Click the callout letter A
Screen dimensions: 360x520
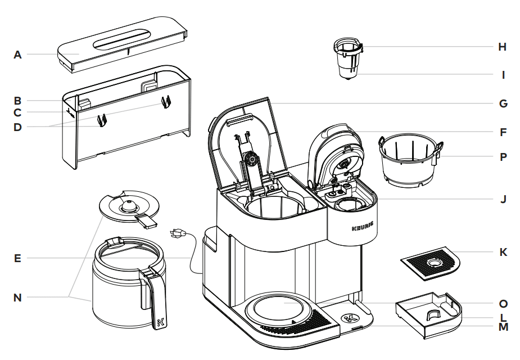coord(18,55)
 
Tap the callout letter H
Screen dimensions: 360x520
coord(503,47)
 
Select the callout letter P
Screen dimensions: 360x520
coord(503,157)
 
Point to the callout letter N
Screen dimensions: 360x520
coord(18,297)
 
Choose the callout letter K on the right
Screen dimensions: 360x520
coord(503,252)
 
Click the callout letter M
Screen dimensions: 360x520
coord(503,326)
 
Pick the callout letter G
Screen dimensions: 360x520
coord(503,103)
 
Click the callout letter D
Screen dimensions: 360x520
coord(18,127)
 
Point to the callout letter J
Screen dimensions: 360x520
coord(503,199)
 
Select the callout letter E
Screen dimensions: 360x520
coord(18,259)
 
